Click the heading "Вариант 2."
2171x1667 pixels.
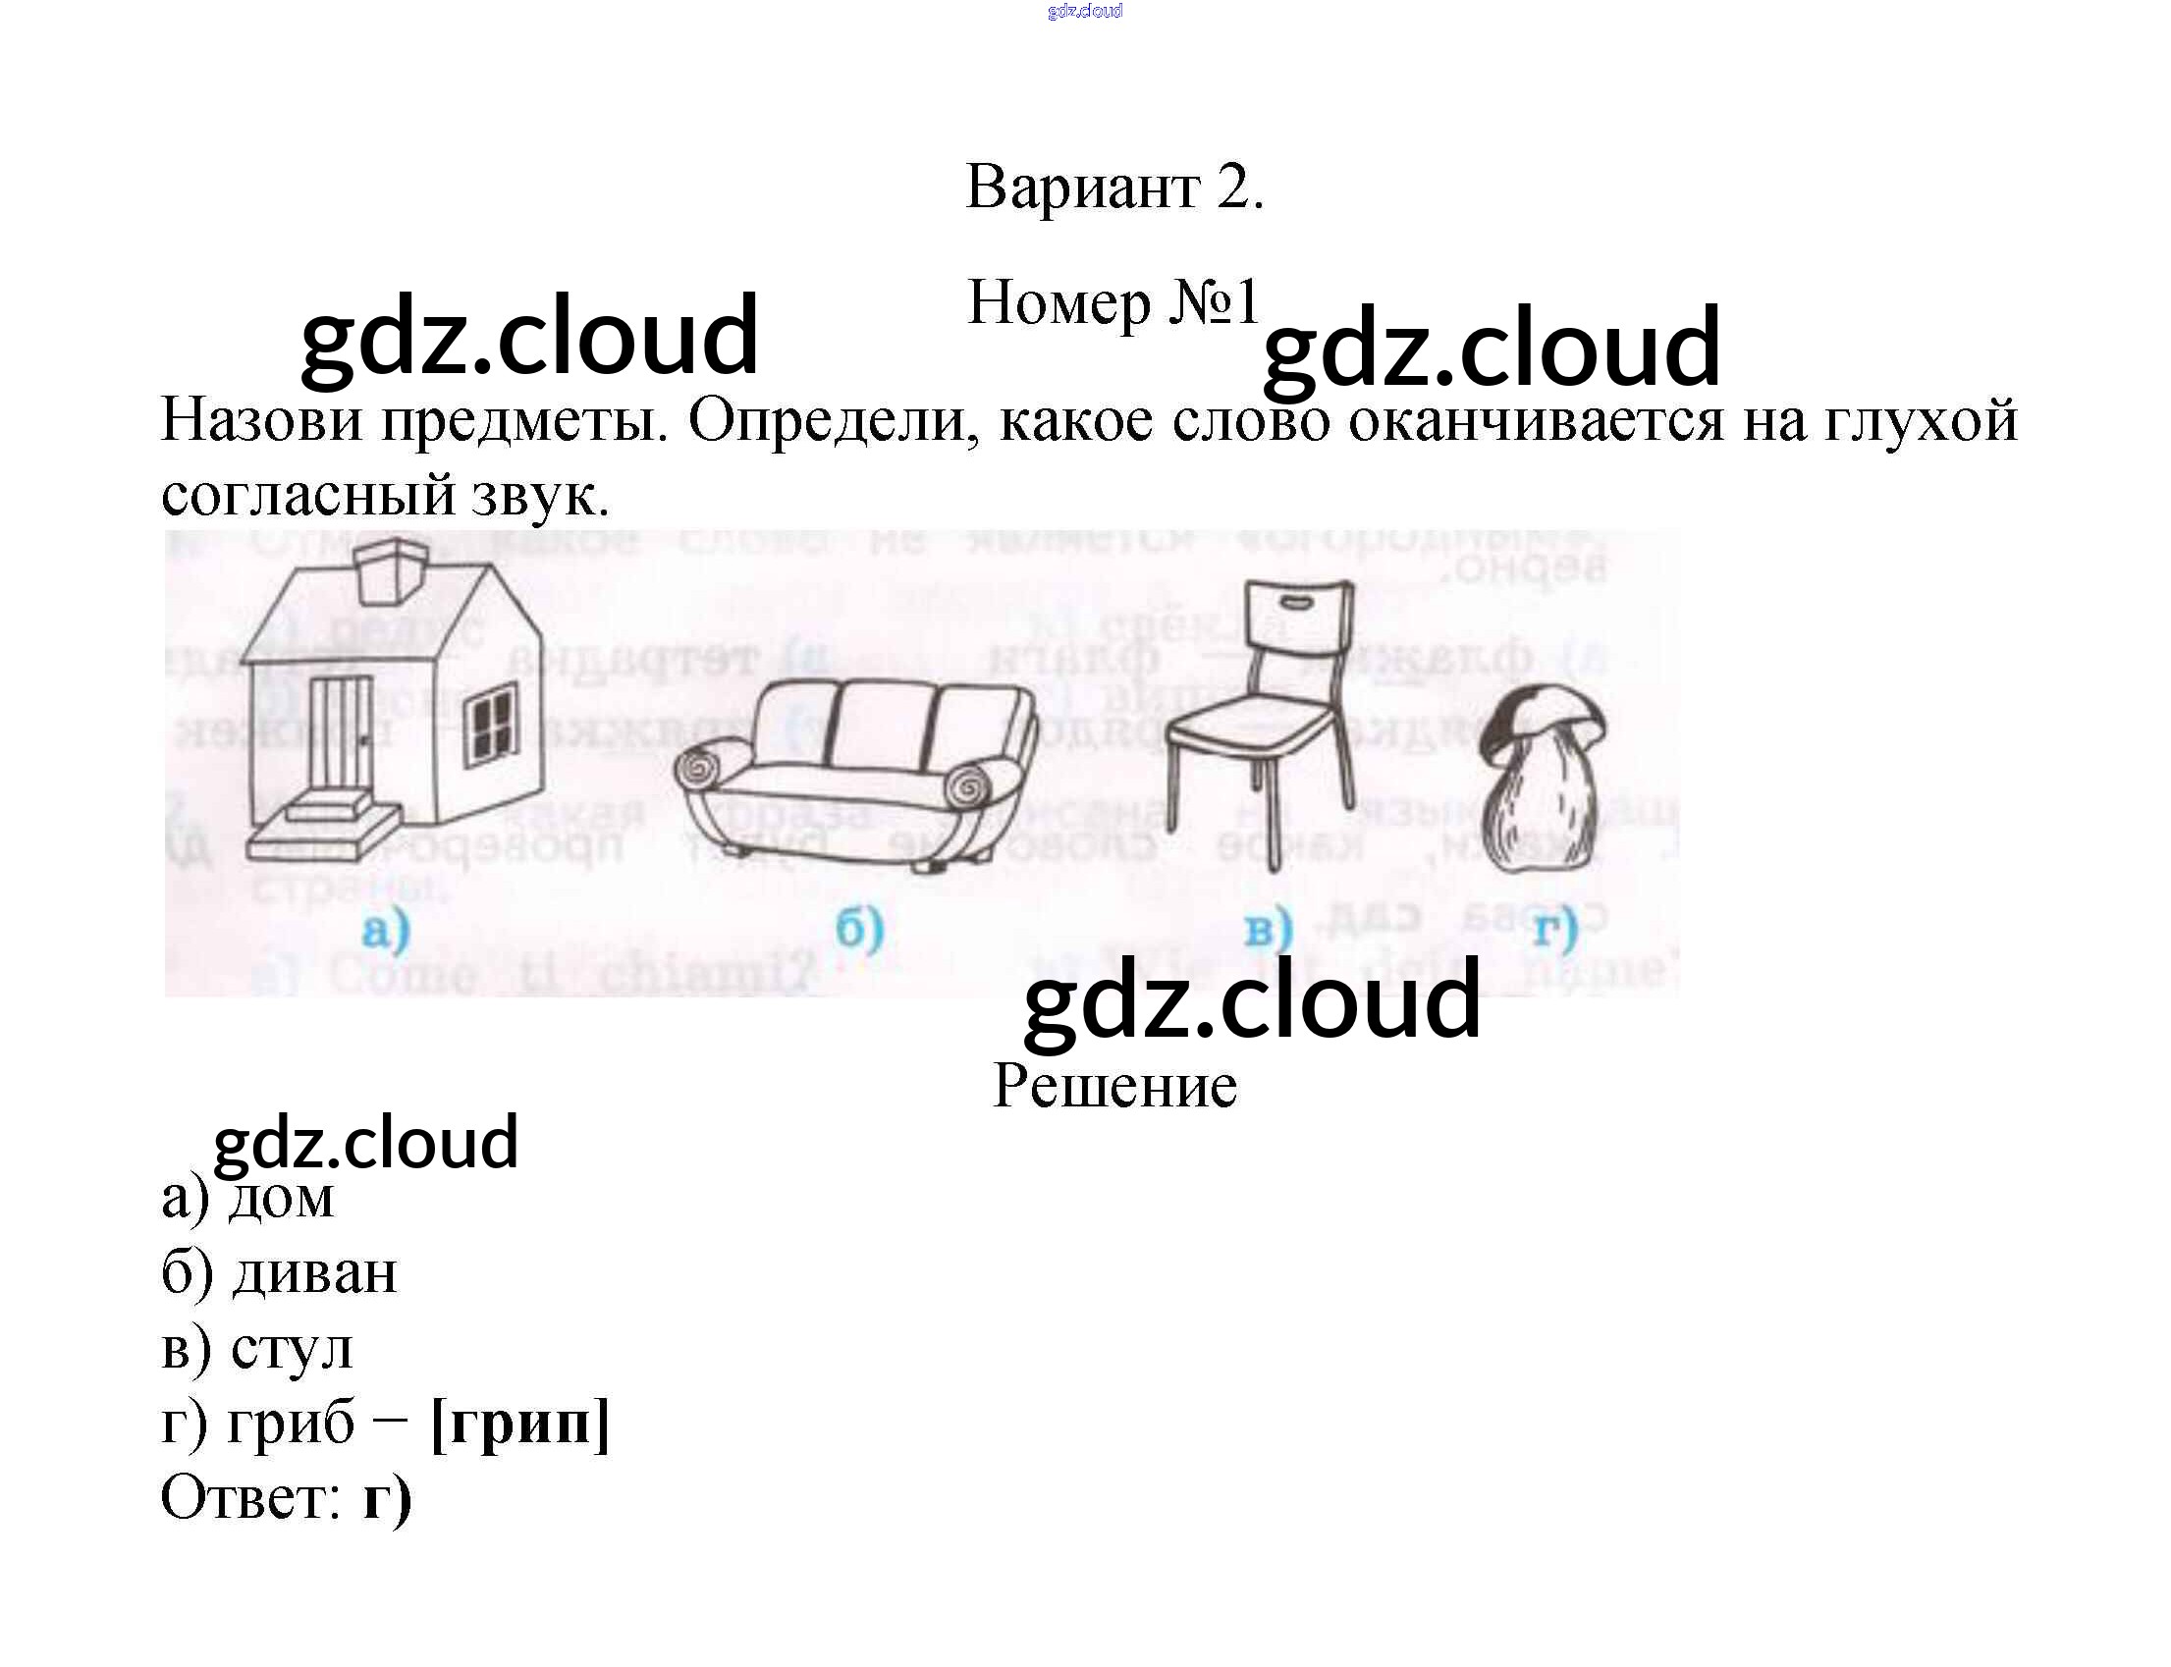click(1114, 187)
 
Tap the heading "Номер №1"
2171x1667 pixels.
click(1113, 302)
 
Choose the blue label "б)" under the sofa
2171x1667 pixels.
click(859, 929)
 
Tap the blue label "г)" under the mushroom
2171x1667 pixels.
click(1554, 929)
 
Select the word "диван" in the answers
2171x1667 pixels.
click(314, 1272)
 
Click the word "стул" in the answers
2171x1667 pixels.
click(292, 1348)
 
